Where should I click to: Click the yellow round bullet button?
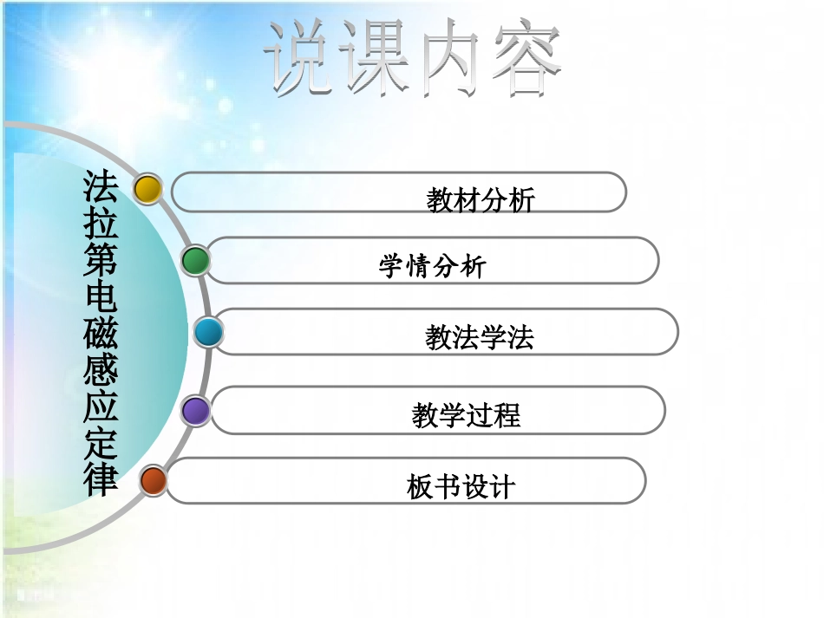(x=148, y=189)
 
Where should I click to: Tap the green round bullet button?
(x=196, y=260)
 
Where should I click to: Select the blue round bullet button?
(x=208, y=332)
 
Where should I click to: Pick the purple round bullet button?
(x=196, y=410)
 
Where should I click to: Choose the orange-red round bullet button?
(x=154, y=480)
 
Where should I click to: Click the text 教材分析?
(x=481, y=200)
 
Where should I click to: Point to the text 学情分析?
(x=432, y=266)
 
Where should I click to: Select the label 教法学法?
(x=479, y=337)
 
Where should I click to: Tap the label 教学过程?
(x=466, y=416)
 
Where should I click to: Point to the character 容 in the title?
(x=524, y=59)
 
